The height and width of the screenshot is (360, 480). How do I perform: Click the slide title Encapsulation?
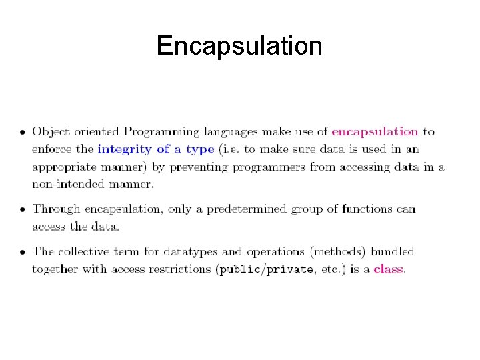[239, 46]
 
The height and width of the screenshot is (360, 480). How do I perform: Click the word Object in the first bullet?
[50, 132]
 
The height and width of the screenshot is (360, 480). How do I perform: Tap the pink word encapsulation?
[375, 132]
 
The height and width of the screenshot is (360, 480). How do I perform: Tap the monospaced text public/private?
[273, 269]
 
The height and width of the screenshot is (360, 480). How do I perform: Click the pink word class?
[389, 269]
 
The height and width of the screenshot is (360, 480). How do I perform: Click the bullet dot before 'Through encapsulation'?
[22, 210]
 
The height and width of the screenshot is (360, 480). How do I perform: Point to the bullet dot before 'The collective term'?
[22, 253]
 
